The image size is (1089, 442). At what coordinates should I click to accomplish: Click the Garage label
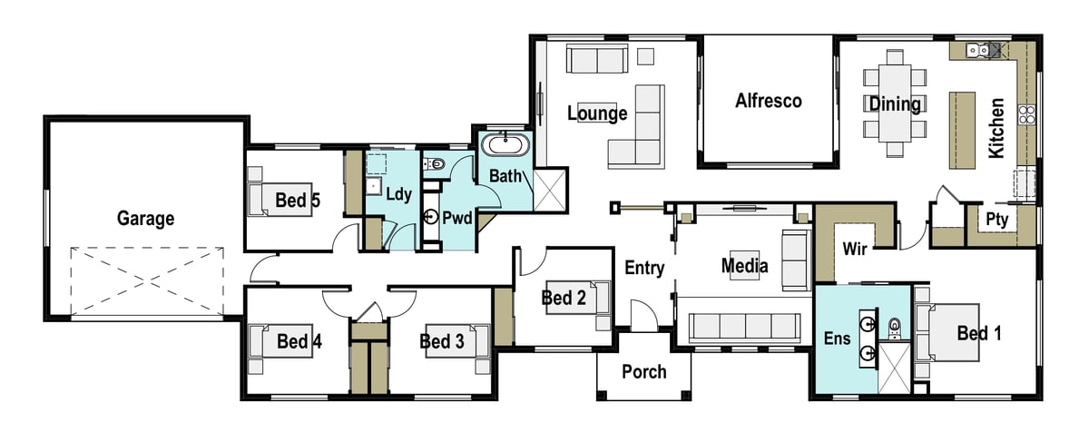pos(145,219)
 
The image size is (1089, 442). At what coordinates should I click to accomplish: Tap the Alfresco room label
pos(768,101)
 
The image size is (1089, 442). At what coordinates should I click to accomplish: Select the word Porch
pos(644,372)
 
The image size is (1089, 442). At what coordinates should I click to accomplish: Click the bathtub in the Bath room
pos(505,144)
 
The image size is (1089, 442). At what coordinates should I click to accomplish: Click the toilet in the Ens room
pos(895,329)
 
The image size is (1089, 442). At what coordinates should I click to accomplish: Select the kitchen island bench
pos(962,131)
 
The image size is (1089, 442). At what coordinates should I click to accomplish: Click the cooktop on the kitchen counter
pos(1027,114)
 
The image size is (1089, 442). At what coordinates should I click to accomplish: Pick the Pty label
pos(996,220)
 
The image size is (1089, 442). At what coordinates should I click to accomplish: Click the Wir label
pos(854,249)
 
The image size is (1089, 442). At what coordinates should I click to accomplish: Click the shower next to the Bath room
pos(550,190)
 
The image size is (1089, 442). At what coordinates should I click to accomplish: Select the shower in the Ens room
pos(894,368)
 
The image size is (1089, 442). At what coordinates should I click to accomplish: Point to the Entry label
pos(644,268)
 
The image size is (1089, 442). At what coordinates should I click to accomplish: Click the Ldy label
pos(398,194)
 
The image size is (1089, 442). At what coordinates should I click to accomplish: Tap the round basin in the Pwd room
pos(431,216)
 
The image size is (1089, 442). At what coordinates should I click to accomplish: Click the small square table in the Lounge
pos(645,56)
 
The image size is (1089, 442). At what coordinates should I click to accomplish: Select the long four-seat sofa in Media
pos(744,326)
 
